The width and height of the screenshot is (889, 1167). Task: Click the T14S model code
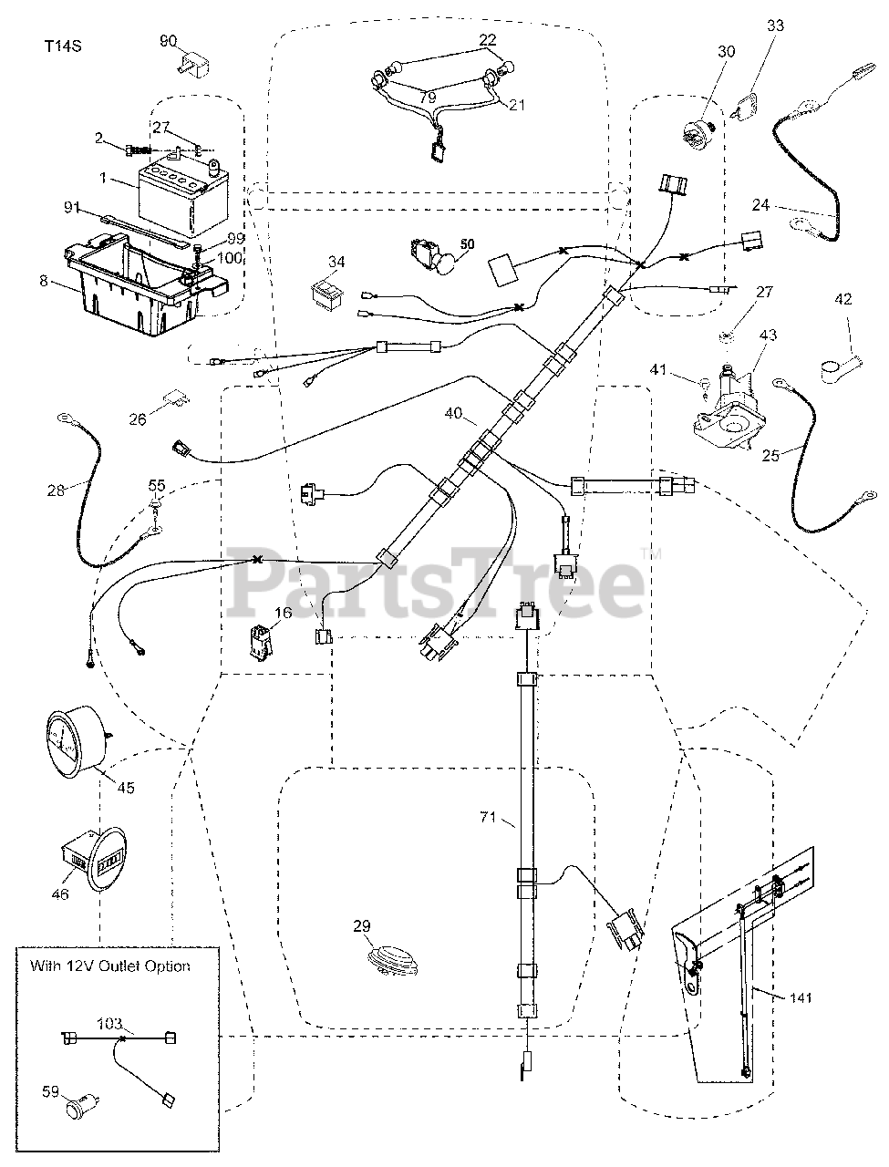(x=63, y=46)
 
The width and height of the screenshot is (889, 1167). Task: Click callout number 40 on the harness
(x=453, y=413)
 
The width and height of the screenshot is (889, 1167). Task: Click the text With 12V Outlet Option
(x=110, y=966)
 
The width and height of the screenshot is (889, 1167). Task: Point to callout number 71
(x=488, y=817)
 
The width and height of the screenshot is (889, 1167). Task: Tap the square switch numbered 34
(x=327, y=294)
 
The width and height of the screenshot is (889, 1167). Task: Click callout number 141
(x=800, y=997)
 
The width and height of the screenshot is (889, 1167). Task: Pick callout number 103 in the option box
(x=109, y=1024)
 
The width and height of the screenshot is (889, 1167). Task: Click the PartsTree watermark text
(x=436, y=583)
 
